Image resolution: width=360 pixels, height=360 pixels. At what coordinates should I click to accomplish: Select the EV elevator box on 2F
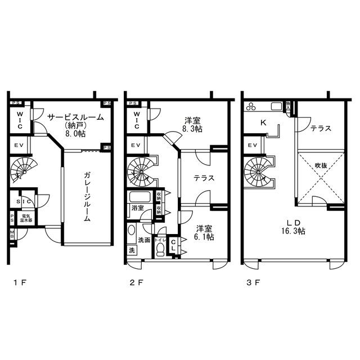tap(136, 146)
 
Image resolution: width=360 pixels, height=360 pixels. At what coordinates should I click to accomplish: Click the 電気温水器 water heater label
tap(27, 218)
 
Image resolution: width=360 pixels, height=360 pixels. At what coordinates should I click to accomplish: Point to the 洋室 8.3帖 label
tap(193, 124)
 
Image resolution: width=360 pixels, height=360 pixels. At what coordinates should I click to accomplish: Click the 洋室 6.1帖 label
tap(204, 232)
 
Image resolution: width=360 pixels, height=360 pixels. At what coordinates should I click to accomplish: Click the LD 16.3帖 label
tap(294, 227)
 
